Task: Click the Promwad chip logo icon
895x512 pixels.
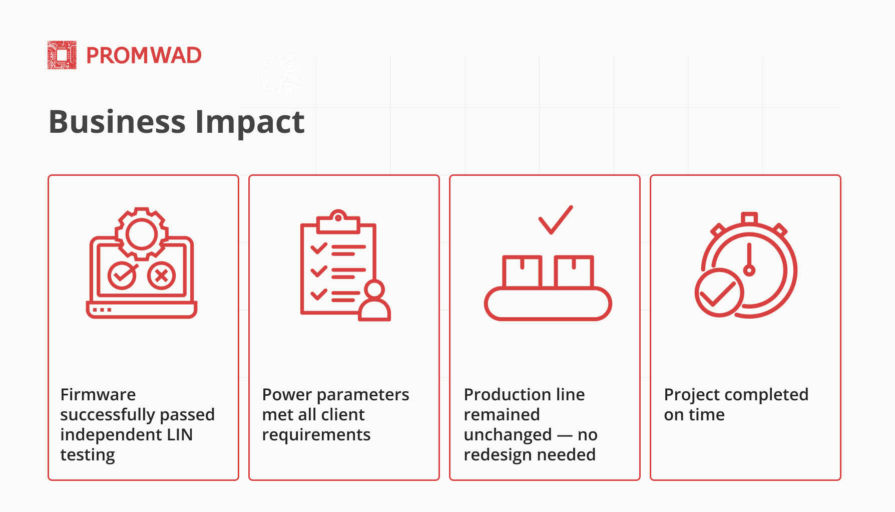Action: (x=62, y=55)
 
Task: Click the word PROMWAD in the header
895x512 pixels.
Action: (x=144, y=56)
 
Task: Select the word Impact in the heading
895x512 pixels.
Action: (x=249, y=123)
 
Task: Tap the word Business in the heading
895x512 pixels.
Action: (x=117, y=122)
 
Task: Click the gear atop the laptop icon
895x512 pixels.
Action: (x=142, y=234)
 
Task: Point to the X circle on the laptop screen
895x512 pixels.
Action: (x=161, y=275)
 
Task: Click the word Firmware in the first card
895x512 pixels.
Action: (x=98, y=395)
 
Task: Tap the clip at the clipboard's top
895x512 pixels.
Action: (x=338, y=222)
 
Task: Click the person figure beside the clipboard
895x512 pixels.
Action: (x=374, y=301)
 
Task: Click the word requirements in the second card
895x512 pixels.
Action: (x=316, y=435)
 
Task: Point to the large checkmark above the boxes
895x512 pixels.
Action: (x=556, y=220)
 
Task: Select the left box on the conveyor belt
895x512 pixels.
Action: (x=522, y=272)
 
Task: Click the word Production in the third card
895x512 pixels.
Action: (x=502, y=395)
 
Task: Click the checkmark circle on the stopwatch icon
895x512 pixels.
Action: (x=719, y=293)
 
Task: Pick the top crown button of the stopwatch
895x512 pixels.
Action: (x=749, y=218)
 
